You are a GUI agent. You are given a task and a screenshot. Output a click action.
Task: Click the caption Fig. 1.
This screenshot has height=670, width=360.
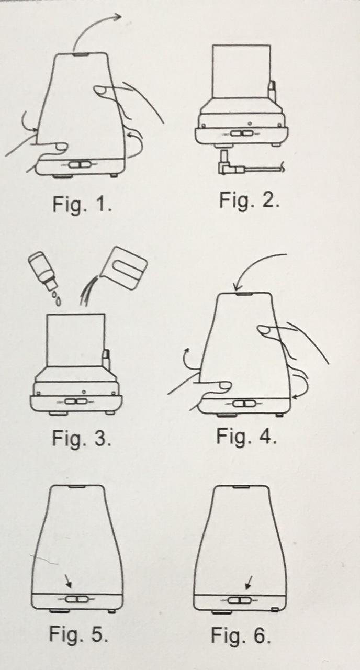coord(82,205)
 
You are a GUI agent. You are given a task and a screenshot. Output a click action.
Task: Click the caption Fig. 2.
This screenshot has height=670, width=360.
coord(249,200)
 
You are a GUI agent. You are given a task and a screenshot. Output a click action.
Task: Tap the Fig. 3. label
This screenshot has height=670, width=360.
coord(81,439)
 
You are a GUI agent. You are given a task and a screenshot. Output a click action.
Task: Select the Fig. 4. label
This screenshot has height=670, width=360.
coord(246,436)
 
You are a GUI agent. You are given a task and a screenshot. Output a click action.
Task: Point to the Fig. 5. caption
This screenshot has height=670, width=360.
coord(78,633)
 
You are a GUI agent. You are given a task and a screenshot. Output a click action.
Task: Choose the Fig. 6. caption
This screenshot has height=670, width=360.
coord(241,635)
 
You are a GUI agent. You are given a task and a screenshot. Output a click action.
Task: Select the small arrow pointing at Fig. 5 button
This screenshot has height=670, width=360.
coord(69,581)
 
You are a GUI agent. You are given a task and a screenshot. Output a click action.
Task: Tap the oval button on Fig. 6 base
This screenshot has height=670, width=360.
coord(239,600)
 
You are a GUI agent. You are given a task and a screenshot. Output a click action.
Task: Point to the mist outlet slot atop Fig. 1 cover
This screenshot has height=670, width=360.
coord(81,54)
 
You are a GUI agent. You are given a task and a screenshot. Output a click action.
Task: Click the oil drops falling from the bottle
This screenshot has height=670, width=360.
coord(57,298)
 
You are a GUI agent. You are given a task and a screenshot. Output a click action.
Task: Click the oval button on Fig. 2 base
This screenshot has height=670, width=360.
coord(242,132)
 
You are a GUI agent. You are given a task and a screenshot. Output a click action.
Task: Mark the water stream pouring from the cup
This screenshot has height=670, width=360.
coord(87,292)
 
